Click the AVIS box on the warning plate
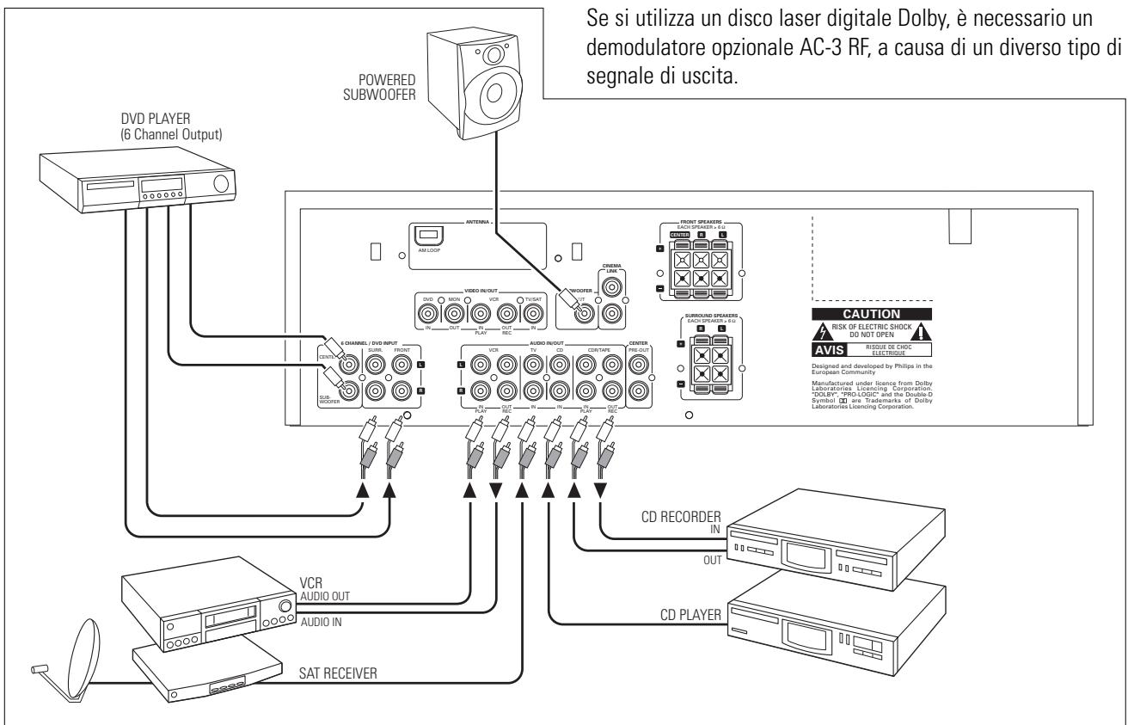pyautogui.click(x=828, y=350)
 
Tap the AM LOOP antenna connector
pyautogui.click(x=427, y=236)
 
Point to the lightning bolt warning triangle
pyautogui.click(x=822, y=332)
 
